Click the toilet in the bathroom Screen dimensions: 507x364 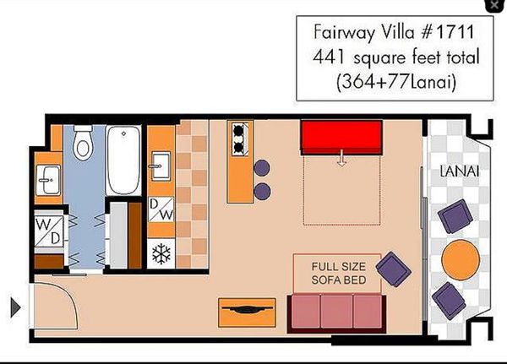(83, 143)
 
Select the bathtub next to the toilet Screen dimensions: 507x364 (123, 160)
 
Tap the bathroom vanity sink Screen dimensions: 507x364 (48, 180)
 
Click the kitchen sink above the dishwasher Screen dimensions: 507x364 (161, 166)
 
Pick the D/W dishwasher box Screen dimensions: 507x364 (161, 209)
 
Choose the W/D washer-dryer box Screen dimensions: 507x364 (49, 231)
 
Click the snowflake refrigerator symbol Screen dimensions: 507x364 (161, 253)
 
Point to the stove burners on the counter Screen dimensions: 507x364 (240, 139)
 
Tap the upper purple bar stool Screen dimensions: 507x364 (262, 168)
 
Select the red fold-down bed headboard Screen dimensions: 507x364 (341, 137)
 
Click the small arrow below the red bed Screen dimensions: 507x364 (341, 158)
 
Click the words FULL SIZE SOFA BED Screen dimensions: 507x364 (339, 273)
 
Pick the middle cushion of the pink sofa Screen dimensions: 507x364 (336, 312)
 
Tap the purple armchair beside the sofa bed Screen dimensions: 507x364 (393, 269)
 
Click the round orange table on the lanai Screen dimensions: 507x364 (461, 259)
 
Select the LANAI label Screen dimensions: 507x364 (460, 171)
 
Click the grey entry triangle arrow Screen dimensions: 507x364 (15, 307)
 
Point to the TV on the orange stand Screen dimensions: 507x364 (247, 310)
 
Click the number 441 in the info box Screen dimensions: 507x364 (328, 57)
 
